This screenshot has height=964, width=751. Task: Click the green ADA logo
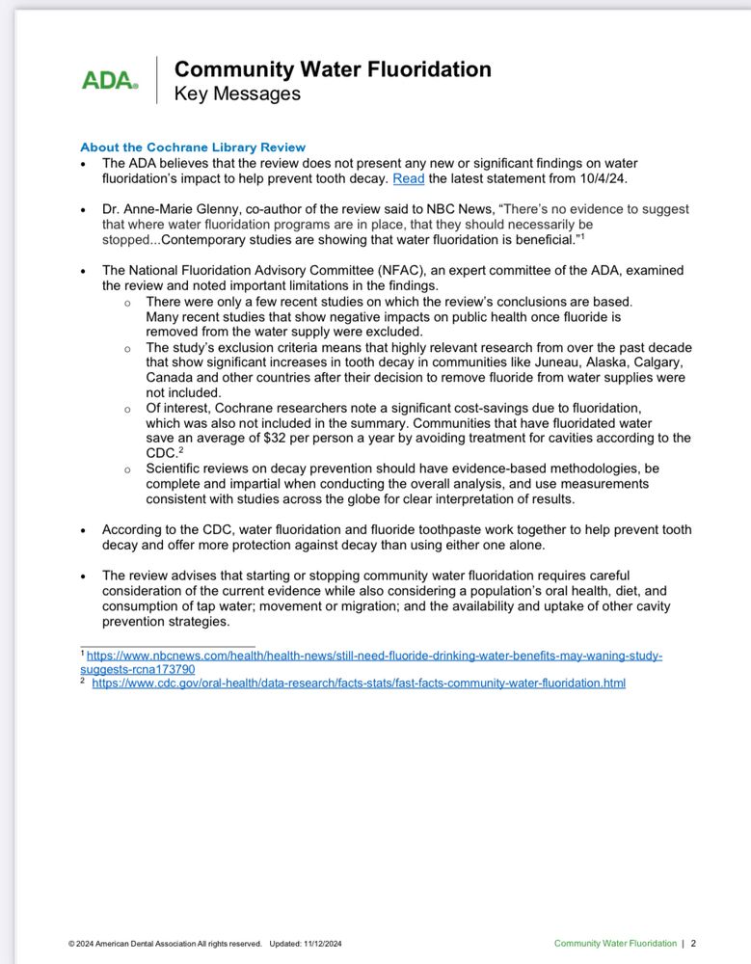tap(110, 81)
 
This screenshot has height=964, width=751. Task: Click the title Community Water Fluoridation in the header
tap(333, 69)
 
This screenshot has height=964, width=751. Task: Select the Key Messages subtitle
tap(237, 94)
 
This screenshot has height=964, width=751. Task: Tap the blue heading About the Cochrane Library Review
tap(193, 147)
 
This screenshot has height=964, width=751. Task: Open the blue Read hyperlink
tap(408, 178)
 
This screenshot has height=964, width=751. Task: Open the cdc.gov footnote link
tap(359, 683)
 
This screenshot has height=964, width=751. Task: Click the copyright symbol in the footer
tap(71, 944)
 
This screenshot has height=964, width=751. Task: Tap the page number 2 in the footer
tap(693, 944)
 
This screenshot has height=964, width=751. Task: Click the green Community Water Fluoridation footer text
tap(615, 944)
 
